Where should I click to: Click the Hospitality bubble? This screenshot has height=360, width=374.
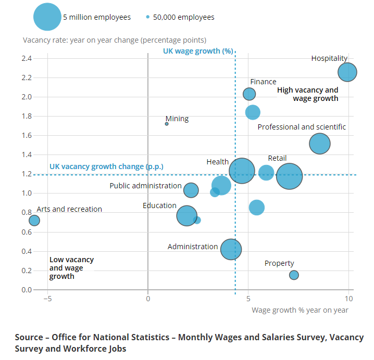click(347, 72)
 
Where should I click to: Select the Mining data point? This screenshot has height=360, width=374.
click(167, 124)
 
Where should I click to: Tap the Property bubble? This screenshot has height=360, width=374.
click(294, 275)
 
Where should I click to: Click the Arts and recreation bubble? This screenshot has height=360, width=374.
click(34, 220)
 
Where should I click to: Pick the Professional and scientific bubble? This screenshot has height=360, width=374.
click(320, 144)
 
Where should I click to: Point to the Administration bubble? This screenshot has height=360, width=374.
click(231, 249)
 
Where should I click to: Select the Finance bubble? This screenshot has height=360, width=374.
click(250, 94)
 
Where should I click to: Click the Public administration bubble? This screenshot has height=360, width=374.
click(191, 190)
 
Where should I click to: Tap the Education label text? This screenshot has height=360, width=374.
click(159, 205)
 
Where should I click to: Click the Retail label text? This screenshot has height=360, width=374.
click(277, 158)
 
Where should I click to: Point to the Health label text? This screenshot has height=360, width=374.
click(217, 162)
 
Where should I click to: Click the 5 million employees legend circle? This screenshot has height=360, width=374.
click(47, 17)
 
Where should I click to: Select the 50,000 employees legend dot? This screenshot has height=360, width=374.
click(148, 17)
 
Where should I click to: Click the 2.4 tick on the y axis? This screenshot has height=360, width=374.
click(27, 58)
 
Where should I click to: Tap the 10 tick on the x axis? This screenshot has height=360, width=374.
click(348, 299)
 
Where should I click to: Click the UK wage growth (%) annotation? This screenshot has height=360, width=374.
click(198, 51)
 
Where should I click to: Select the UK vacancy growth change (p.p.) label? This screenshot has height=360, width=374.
click(106, 166)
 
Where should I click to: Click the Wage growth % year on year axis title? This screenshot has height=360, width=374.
click(300, 310)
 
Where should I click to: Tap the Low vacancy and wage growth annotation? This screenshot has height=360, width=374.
click(71, 268)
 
